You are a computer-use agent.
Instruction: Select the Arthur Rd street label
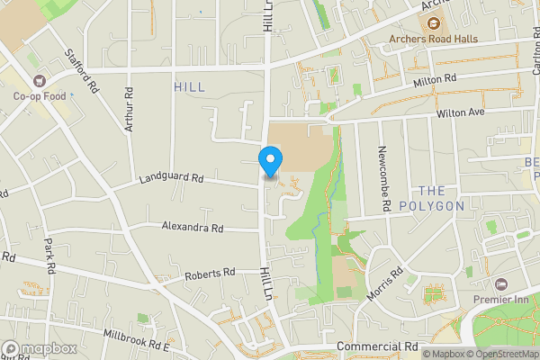pyautogui.click(x=130, y=110)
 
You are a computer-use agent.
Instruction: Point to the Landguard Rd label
pyautogui.click(x=171, y=179)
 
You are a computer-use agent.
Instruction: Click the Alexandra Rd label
pyautogui.click(x=193, y=228)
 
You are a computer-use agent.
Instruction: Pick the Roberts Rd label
pyautogui.click(x=210, y=272)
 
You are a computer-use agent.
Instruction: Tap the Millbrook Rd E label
pyautogui.click(x=136, y=339)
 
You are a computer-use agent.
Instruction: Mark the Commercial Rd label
pyautogui.click(x=378, y=346)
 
